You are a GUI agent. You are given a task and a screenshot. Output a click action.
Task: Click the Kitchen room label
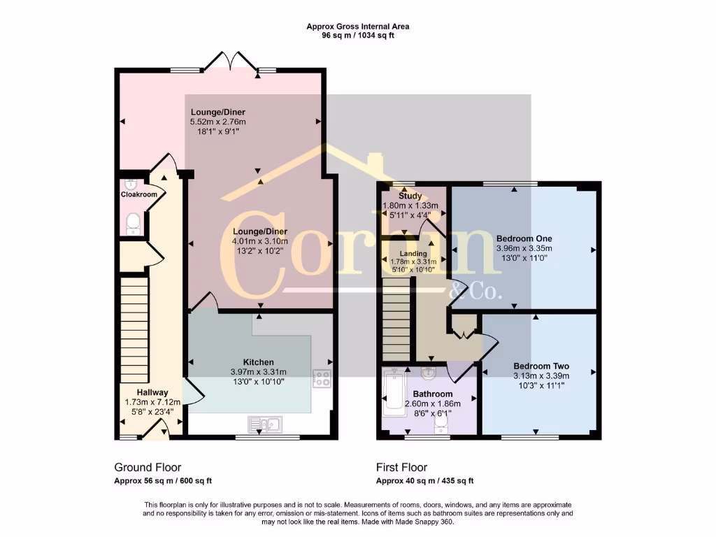coord(259,362)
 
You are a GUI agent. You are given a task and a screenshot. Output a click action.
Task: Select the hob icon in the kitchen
coord(322,379)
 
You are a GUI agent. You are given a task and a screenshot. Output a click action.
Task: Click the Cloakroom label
coord(138,194)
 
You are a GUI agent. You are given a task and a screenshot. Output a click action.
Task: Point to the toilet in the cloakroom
coord(133,223)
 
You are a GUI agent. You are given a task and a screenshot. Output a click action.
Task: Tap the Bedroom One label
coord(524,237)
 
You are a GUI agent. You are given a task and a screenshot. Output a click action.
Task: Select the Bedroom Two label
coord(540,366)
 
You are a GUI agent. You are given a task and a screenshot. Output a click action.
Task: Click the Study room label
coord(410,196)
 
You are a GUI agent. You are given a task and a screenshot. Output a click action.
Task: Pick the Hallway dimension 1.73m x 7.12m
coord(152,402)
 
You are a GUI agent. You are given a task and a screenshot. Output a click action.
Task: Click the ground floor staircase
coord(135,329)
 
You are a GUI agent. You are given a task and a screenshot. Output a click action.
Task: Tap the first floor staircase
coord(396,318)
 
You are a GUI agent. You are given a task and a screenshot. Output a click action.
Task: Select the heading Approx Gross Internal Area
coord(357,27)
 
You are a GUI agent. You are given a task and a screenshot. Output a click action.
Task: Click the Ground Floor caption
coord(148,467)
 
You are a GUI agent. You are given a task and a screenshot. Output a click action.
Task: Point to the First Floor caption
coord(401,467)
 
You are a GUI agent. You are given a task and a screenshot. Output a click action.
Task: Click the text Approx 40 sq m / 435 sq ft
coord(424,481)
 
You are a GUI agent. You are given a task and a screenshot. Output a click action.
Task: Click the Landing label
coord(413,253)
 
